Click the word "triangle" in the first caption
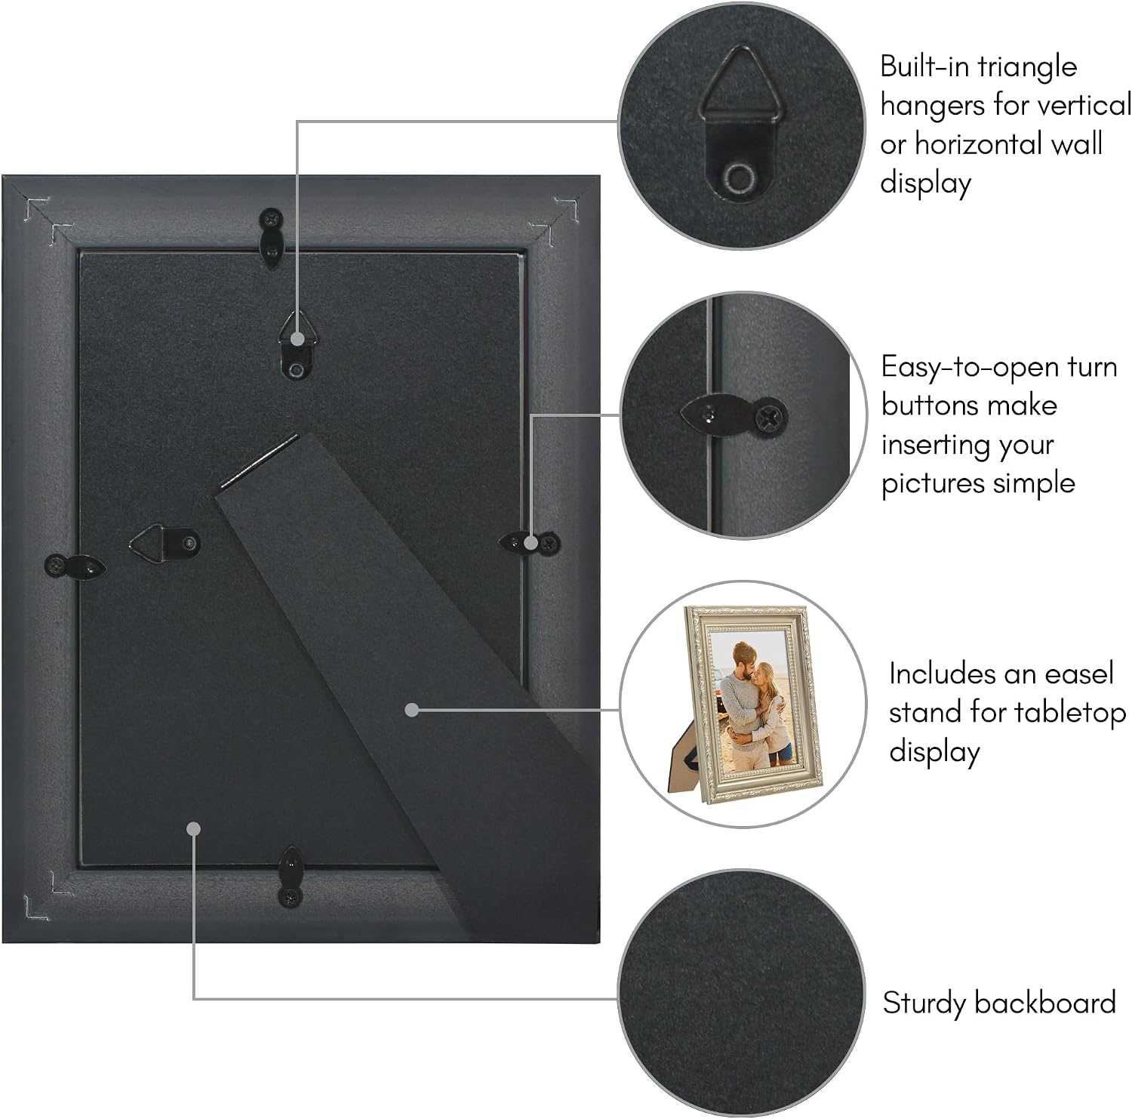[1028, 68]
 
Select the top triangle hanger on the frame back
[297, 347]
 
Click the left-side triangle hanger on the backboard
[165, 542]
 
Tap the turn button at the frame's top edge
[272, 234]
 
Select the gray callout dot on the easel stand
[411, 710]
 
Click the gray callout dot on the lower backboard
[194, 829]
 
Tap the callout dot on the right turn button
[532, 542]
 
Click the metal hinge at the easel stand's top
[260, 461]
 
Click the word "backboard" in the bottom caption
[1045, 1003]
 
